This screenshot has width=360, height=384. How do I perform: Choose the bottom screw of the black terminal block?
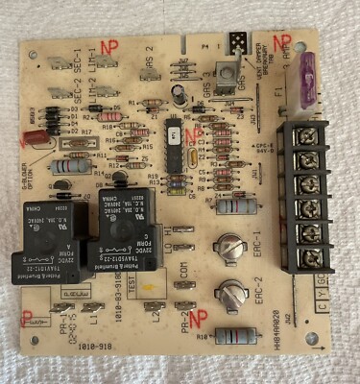tap(310, 257)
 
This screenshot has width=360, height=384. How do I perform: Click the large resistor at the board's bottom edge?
tap(235, 335)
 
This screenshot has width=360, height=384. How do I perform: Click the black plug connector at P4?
tap(237, 41)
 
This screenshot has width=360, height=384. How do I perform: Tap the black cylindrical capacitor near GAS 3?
tap(180, 92)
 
